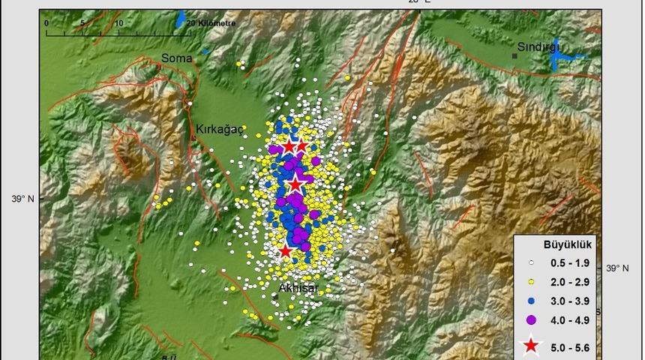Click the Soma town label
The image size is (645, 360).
click(x=177, y=58)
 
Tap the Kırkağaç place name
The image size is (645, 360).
click(x=220, y=129)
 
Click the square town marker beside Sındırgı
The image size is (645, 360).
click(x=515, y=55)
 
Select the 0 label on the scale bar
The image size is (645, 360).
click(x=46, y=23)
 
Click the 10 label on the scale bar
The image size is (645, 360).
click(x=119, y=23)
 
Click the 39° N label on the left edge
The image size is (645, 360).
click(x=22, y=199)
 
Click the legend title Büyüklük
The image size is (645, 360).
click(x=568, y=244)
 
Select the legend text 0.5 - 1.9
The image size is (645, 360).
click(x=570, y=263)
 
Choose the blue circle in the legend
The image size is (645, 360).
click(x=531, y=301)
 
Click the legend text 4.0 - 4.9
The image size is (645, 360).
click(x=570, y=320)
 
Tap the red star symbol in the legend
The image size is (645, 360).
click(x=531, y=346)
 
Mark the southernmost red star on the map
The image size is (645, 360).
click(x=285, y=250)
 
